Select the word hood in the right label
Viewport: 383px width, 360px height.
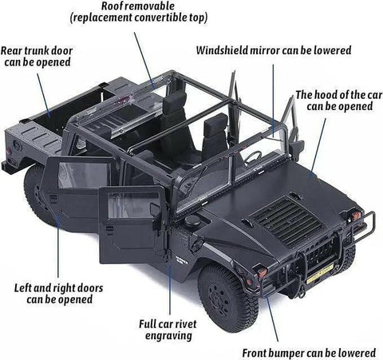point(330,94)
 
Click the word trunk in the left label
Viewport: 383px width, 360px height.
point(41,50)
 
